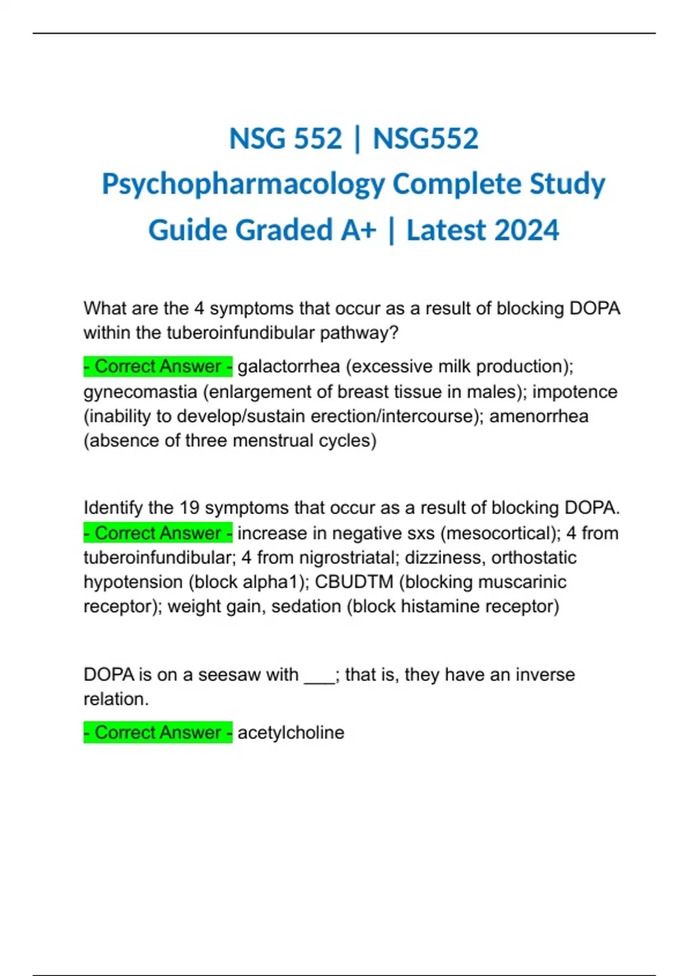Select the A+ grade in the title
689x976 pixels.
[358, 230]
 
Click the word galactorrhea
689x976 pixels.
[289, 366]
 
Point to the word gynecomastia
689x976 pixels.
[140, 392]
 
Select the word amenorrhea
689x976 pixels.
[539, 416]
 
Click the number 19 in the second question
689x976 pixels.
[189, 508]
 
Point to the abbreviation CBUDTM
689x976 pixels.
[354, 582]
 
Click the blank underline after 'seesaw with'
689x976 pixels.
[319, 679]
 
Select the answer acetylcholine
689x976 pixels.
[291, 733]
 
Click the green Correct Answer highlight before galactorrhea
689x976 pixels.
[158, 366]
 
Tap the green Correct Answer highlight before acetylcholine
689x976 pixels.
[158, 733]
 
